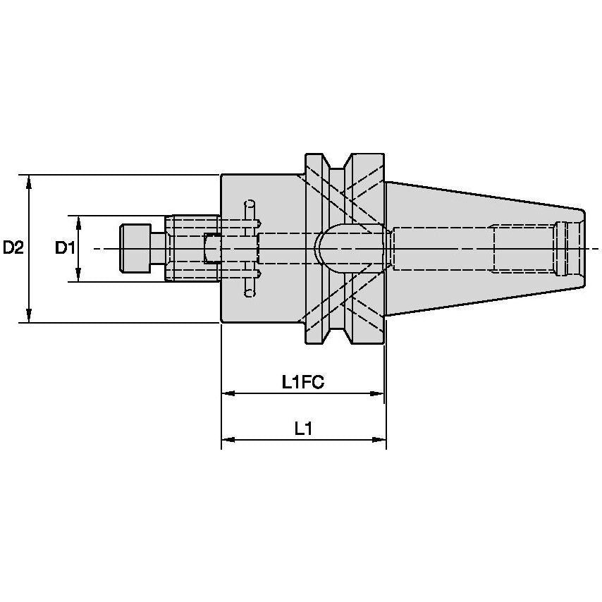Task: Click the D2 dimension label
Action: coord(13,248)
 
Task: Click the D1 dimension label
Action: coord(65,248)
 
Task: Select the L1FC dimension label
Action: coord(302,383)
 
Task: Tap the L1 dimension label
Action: coord(303,429)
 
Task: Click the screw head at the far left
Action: coord(135,248)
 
